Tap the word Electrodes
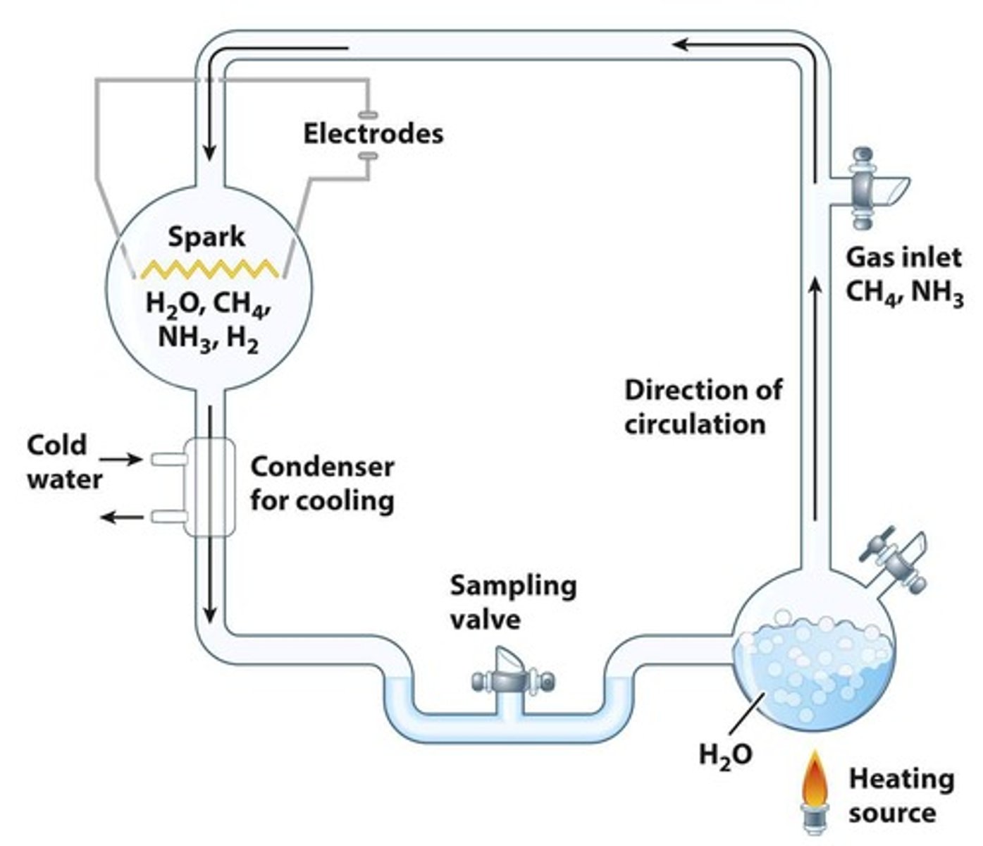coord(373,133)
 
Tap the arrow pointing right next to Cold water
coord(125,460)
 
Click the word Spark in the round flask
coord(206,237)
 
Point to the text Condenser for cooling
coord(322,484)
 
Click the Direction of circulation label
coord(703,407)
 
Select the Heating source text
coord(901,796)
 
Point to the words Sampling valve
coord(513,602)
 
